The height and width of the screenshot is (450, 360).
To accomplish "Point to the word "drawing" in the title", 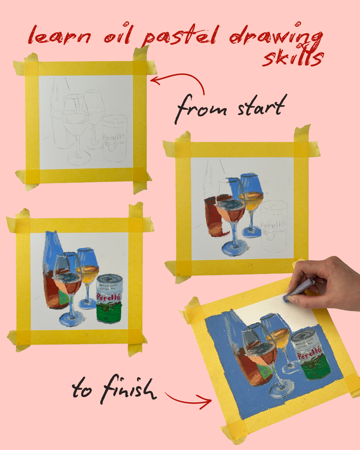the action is point(276,36).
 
